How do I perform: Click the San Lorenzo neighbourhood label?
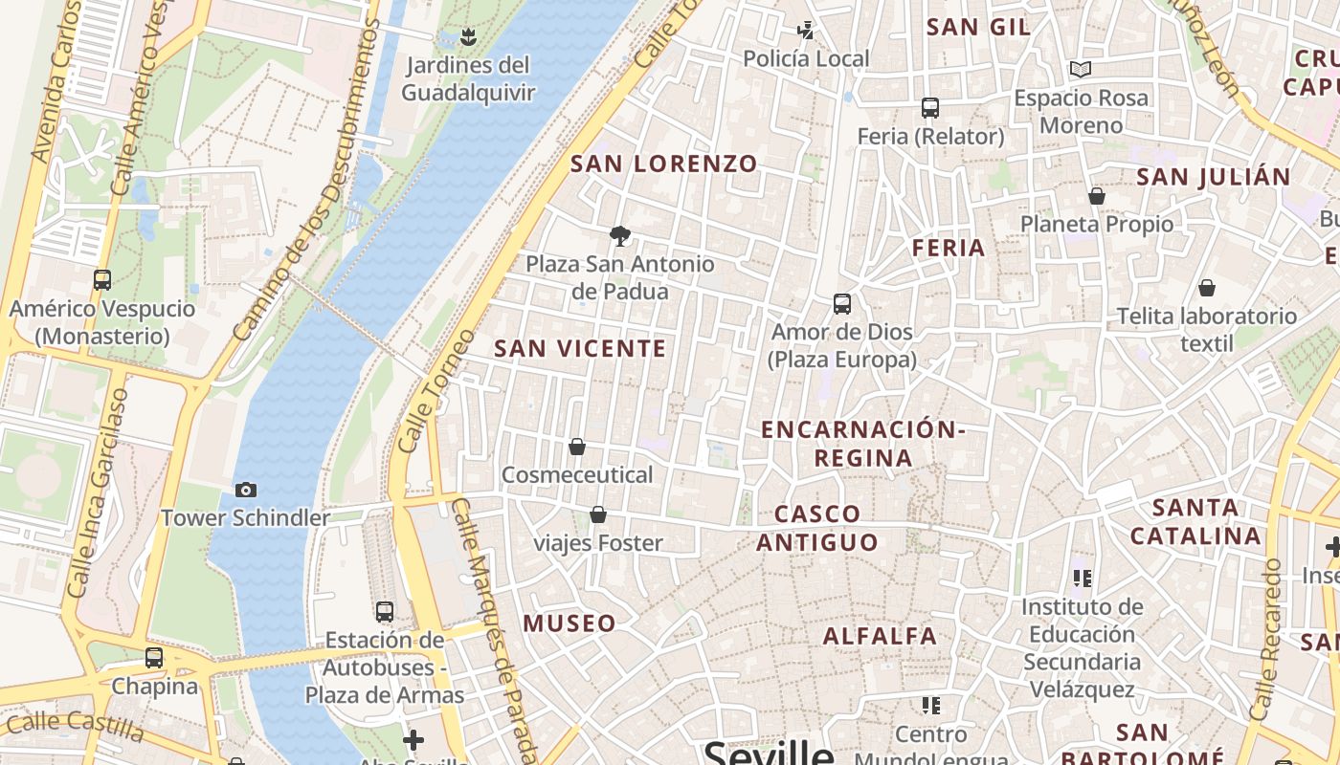click(664, 164)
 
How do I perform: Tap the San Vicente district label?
click(580, 349)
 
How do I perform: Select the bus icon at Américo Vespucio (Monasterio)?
click(102, 280)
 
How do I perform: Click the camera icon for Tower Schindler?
click(246, 490)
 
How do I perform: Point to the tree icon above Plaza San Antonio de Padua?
click(620, 235)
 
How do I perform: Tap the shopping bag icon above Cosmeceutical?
click(577, 447)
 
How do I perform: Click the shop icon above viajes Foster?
click(598, 515)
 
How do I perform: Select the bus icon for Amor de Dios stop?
click(842, 304)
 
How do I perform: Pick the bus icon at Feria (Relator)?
click(930, 108)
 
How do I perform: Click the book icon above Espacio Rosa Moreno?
click(1081, 69)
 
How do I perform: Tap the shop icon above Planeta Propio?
click(1097, 196)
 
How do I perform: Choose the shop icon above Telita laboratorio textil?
click(1207, 288)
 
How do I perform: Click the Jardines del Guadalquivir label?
click(467, 78)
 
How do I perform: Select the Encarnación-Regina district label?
click(862, 444)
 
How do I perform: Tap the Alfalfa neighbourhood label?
click(881, 636)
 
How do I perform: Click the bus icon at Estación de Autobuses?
click(385, 611)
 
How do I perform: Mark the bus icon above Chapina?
click(154, 658)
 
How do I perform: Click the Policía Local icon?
click(806, 31)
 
